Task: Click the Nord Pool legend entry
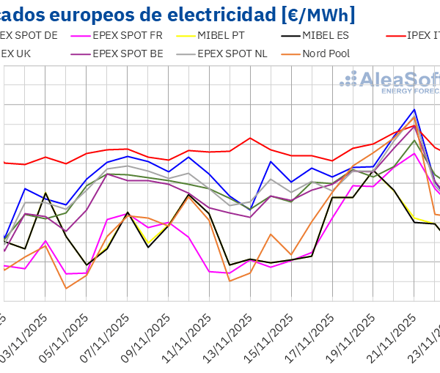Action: [323, 53]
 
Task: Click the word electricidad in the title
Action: [187, 14]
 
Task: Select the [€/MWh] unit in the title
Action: [312, 14]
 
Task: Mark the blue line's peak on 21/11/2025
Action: [414, 109]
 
